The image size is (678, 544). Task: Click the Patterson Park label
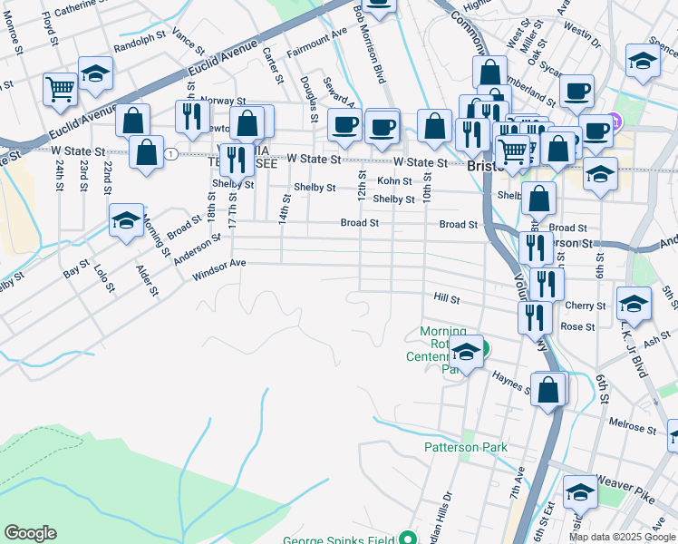pos(465,447)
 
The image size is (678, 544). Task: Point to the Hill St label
pos(447,297)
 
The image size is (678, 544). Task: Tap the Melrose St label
pos(626,423)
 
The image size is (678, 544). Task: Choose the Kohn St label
pos(394,181)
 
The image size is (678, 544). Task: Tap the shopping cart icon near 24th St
pos(60,90)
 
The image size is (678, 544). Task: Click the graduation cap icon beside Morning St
pos(126,220)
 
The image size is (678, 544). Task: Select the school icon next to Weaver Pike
pos(580,493)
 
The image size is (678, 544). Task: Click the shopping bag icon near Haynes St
pos(548,390)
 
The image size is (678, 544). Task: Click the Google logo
pos(30,533)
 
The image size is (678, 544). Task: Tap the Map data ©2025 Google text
pos(621,537)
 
